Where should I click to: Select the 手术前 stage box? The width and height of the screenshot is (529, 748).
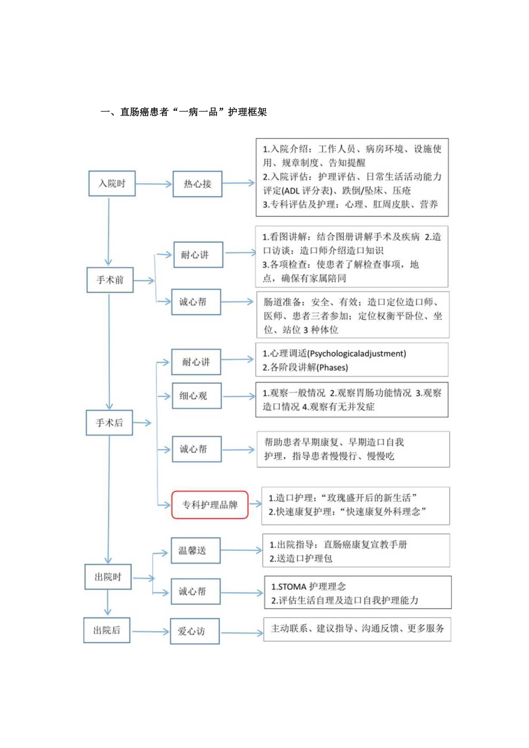[x=109, y=281]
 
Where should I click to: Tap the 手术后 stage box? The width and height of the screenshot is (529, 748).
[x=109, y=423]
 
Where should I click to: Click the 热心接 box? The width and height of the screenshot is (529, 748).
[x=197, y=184]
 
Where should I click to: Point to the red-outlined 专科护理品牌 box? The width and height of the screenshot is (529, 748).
[x=210, y=505]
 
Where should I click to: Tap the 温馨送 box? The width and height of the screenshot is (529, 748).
[x=196, y=551]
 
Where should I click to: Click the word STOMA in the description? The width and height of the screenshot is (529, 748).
[x=291, y=587]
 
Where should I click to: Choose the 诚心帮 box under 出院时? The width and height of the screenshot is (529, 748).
[x=196, y=590]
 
